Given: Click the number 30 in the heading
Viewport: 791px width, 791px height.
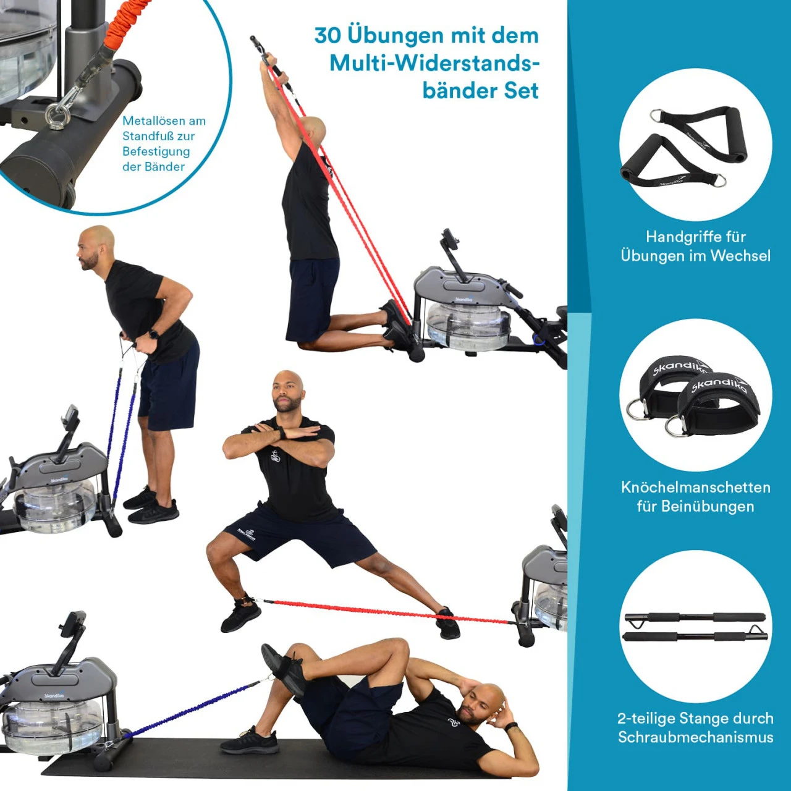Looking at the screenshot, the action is click(327, 36).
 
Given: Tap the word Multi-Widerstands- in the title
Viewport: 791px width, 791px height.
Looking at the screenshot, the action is click(434, 64).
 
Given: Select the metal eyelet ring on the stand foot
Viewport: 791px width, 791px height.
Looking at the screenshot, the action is click(57, 115).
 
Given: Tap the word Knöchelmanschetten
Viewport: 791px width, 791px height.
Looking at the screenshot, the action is click(695, 487).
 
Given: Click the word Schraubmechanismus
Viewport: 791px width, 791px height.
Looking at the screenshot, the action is click(695, 737).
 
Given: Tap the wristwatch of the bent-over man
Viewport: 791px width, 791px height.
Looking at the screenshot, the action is click(154, 334).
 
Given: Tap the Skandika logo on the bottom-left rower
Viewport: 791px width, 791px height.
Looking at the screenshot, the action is click(54, 695).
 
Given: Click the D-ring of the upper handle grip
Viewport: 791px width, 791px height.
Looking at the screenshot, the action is click(658, 116).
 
